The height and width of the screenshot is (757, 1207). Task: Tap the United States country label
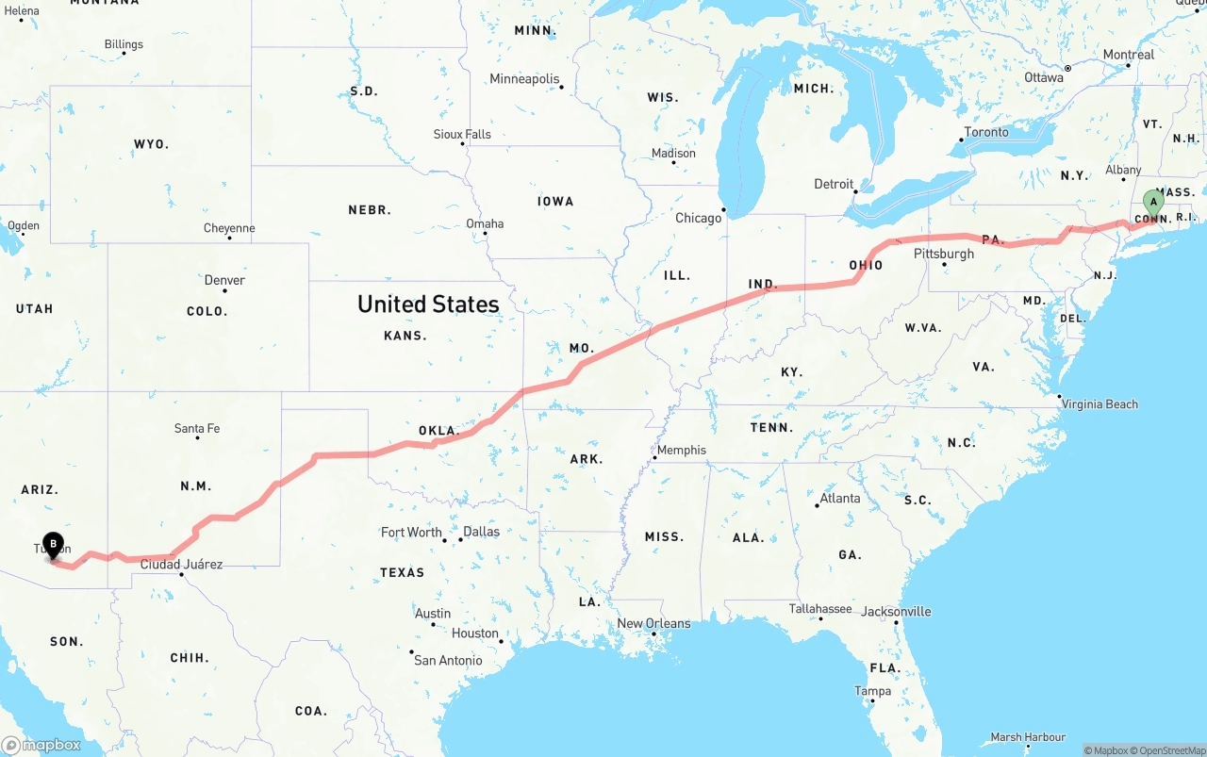tap(428, 304)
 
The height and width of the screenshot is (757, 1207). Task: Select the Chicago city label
tap(698, 218)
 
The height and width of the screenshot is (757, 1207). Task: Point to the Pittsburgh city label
tap(943, 254)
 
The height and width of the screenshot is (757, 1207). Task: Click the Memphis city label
tap(681, 450)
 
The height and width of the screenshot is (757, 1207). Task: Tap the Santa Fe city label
tap(197, 428)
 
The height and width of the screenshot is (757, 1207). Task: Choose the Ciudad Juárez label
tap(181, 564)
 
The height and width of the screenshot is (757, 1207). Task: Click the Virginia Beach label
tap(1100, 403)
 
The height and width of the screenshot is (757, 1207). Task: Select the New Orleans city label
tap(653, 623)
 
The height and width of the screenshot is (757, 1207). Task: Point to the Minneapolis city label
tap(524, 79)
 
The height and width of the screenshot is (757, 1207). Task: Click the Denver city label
tap(224, 280)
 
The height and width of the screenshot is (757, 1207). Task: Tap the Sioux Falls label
tap(462, 134)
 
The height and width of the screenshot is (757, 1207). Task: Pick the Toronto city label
tap(986, 132)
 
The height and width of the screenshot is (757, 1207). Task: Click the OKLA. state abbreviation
tap(438, 431)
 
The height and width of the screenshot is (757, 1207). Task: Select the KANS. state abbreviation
tap(405, 336)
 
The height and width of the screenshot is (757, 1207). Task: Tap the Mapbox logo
tap(41, 745)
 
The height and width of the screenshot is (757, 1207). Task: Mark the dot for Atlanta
tap(817, 506)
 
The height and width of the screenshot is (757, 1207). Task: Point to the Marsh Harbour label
tap(1028, 736)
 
